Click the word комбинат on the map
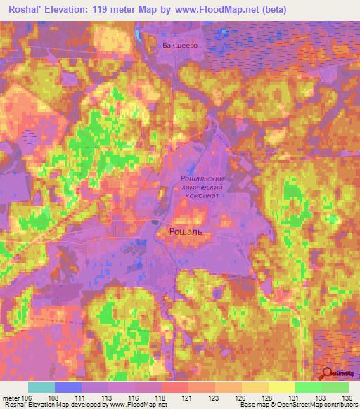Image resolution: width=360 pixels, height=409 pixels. (x=202, y=197)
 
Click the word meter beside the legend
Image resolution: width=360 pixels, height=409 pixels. (x=12, y=397)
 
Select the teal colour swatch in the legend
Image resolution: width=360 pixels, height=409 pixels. (x=41, y=387)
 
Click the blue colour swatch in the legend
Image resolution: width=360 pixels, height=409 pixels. (x=68, y=387)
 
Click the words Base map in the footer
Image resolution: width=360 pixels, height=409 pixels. (x=255, y=405)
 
